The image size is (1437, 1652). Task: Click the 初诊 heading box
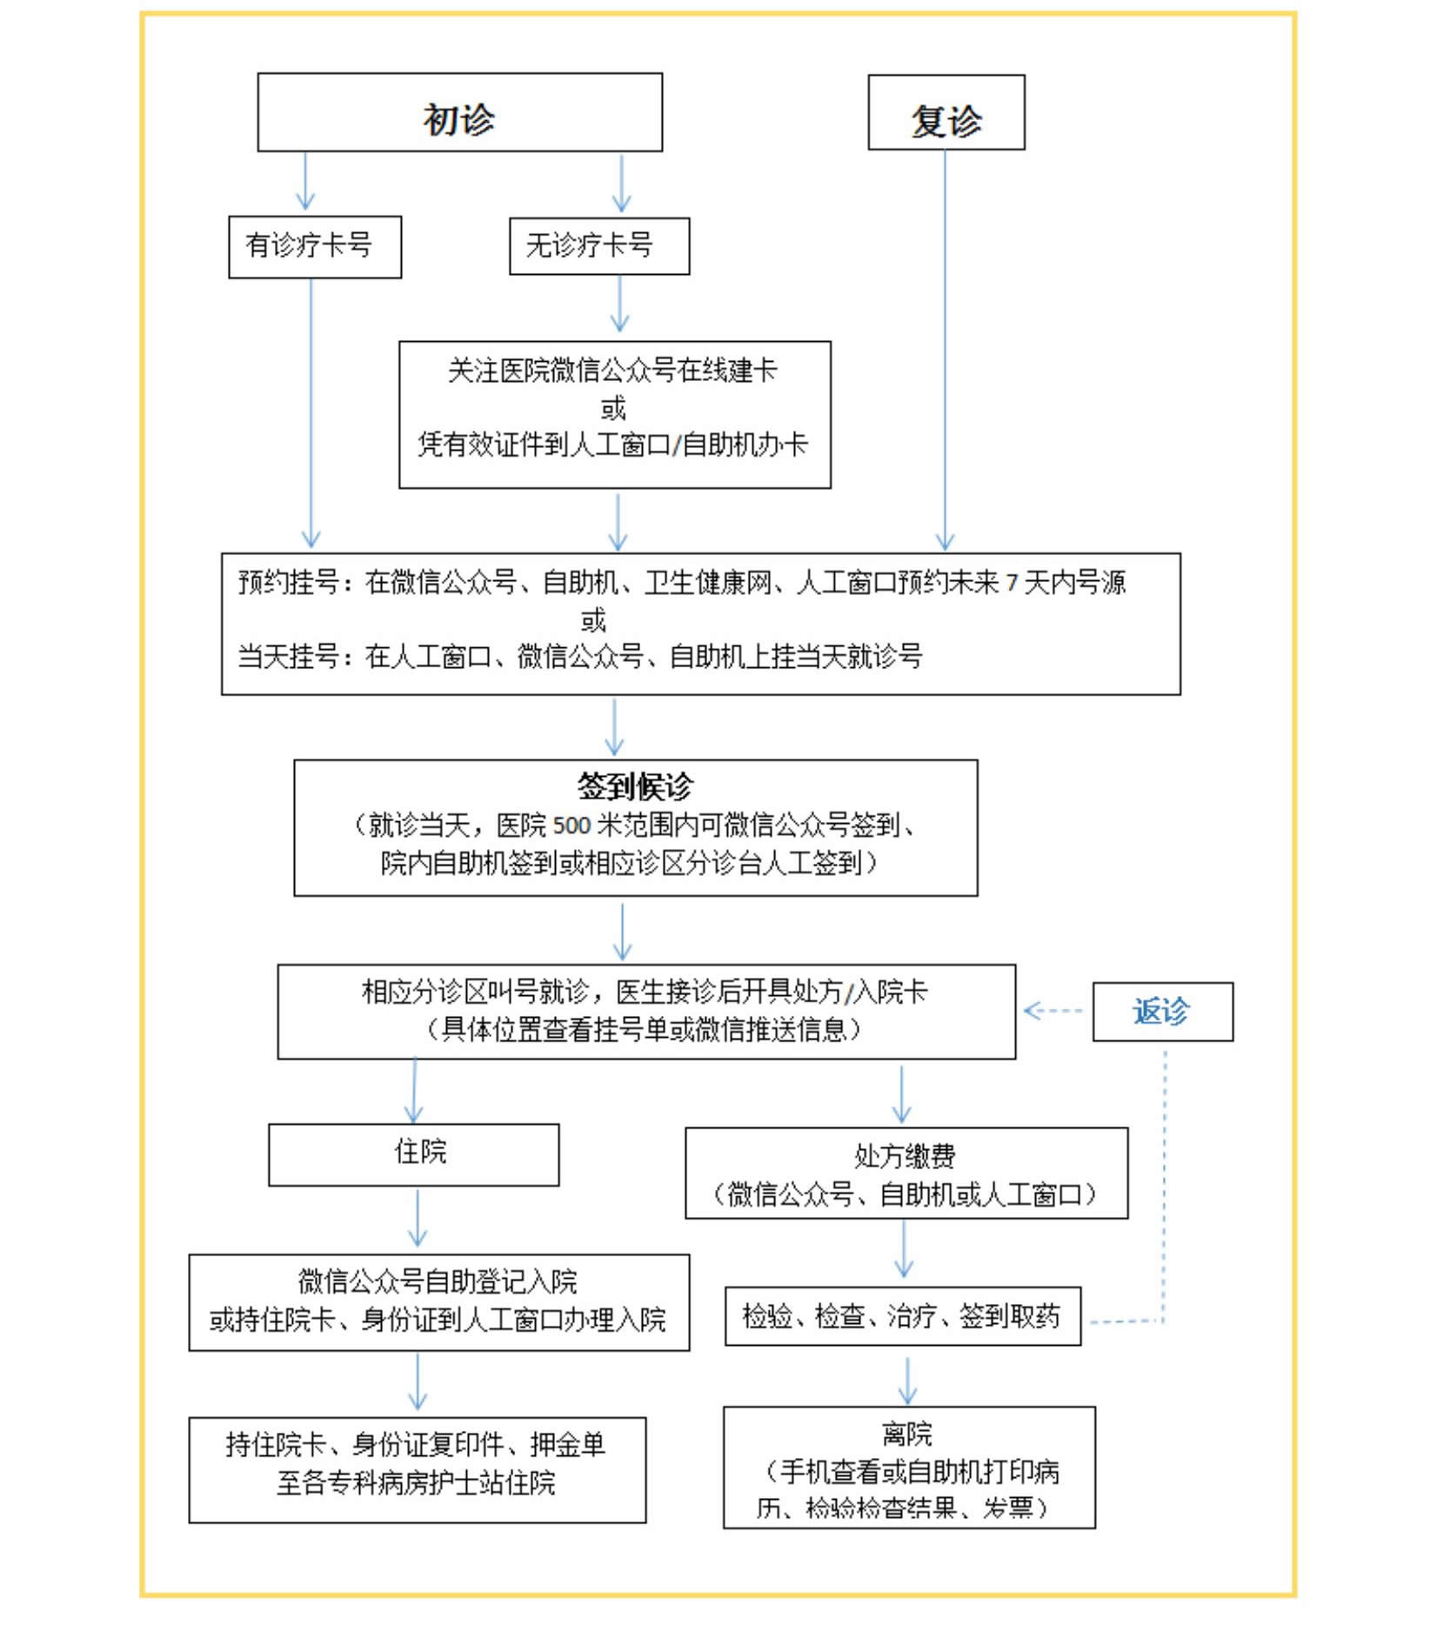459,114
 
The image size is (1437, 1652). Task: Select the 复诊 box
946,114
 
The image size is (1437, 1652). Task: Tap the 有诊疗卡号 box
314,247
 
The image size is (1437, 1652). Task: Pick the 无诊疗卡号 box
598,247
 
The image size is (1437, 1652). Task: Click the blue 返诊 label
1161,1012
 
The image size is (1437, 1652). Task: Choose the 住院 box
413,1154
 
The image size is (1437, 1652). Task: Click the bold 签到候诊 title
635,786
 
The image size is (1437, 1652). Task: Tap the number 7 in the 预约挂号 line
1012,584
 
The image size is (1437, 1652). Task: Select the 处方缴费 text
905,1156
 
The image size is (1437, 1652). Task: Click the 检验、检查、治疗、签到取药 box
902,1316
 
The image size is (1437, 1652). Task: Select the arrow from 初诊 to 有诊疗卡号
305,184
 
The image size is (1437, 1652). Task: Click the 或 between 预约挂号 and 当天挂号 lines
593,621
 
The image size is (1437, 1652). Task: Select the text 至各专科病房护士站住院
416,1483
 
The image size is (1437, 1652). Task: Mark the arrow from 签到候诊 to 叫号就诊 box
622,932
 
